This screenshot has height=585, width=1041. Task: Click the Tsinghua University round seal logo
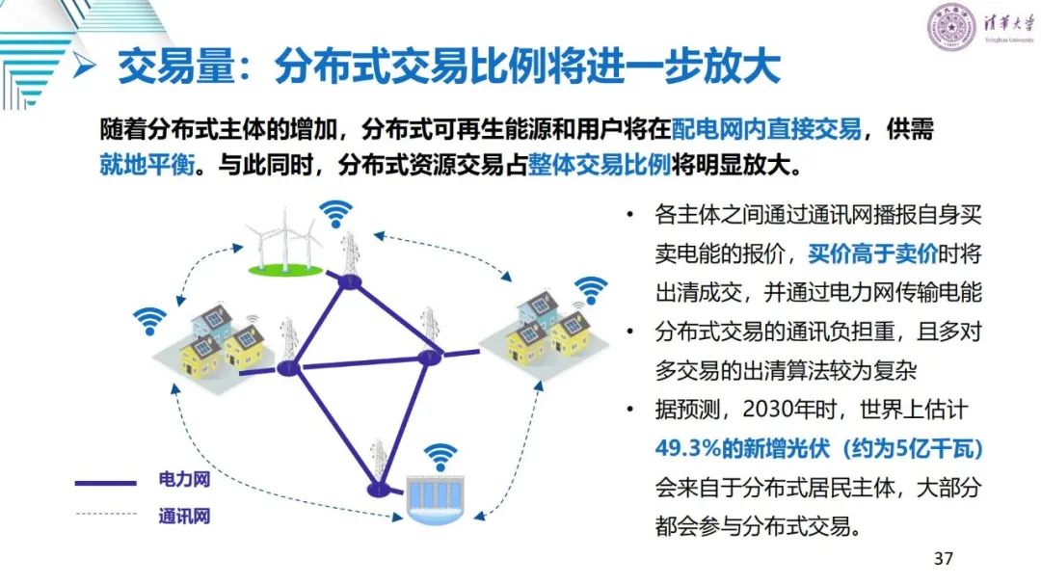[x=951, y=27]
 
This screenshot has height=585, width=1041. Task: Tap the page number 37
[x=944, y=558]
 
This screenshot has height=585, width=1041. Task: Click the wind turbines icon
[x=285, y=241]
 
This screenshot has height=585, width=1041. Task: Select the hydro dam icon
[x=435, y=499]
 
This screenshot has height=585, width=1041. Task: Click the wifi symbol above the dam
[x=440, y=457]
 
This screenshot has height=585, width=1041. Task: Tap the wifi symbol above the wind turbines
[x=336, y=214]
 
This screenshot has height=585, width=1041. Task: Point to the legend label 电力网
[x=184, y=479]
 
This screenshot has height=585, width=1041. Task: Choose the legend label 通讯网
[x=184, y=516]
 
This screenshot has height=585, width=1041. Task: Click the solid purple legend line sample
[x=106, y=483]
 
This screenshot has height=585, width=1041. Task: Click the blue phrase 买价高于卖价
[x=872, y=253]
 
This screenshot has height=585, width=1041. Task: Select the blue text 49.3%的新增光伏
[x=742, y=448]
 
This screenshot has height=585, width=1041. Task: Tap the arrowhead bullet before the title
[x=84, y=65]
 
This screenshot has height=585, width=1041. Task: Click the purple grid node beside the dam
[x=379, y=490]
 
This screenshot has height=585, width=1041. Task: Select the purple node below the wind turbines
[x=350, y=282]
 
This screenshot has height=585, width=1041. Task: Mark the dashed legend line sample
[x=106, y=514]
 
